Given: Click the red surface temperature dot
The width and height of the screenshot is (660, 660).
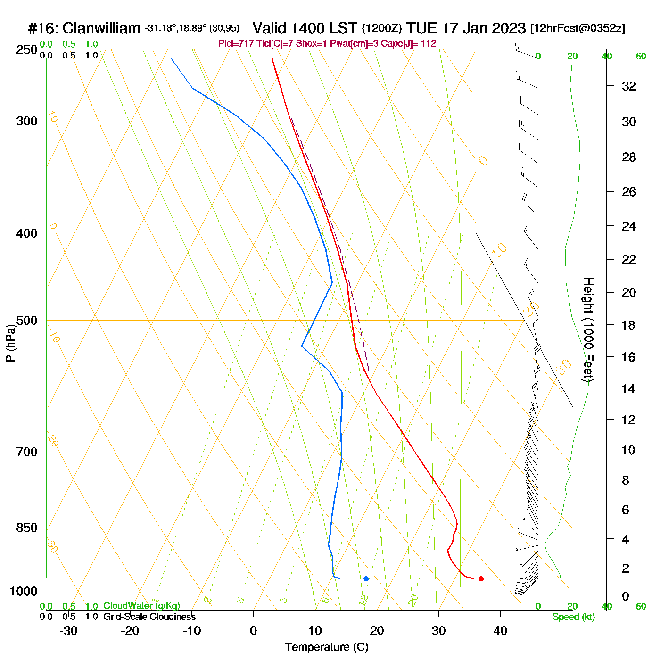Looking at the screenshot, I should click(x=481, y=578).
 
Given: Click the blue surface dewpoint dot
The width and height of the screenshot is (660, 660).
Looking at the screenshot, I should click(x=366, y=578).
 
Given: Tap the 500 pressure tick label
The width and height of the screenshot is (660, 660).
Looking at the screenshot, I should click(x=27, y=321).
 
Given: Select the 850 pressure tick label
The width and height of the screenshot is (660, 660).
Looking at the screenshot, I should click(x=27, y=528).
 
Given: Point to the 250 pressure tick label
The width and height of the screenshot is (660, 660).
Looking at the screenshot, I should click(x=27, y=50).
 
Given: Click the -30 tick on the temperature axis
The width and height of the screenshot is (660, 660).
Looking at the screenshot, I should click(x=68, y=631).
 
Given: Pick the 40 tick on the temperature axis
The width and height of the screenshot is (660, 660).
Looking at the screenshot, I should click(x=500, y=631).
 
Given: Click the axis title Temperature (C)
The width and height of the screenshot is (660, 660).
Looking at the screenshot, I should click(x=326, y=647).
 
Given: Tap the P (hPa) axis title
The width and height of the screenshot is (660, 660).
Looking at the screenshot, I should click(x=10, y=343).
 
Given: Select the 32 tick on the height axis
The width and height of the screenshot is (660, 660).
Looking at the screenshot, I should click(x=629, y=86).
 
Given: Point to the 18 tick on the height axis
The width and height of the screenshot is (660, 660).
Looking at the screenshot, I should click(x=629, y=325).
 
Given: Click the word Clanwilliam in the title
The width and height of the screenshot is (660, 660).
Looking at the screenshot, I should click(x=101, y=29).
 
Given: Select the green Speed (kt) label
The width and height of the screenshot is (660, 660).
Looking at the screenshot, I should click(x=573, y=617).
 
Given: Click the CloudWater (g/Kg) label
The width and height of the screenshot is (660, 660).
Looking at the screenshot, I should click(x=141, y=606).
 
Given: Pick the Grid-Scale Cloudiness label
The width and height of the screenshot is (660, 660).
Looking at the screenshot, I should click(x=149, y=617).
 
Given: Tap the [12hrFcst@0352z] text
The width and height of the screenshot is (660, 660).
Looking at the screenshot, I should click(x=577, y=29).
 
